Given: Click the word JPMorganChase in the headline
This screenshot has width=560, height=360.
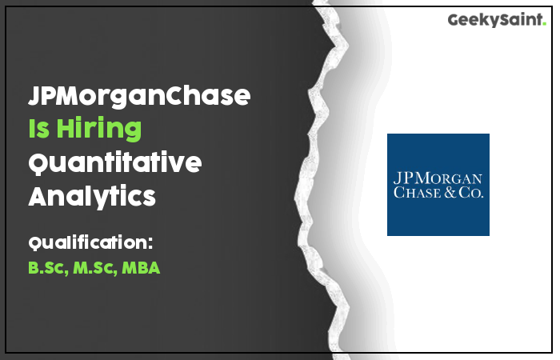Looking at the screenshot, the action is (x=139, y=95).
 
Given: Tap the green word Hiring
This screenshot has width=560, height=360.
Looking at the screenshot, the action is (x=99, y=129).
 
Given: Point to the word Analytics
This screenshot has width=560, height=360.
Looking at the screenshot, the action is (x=92, y=196).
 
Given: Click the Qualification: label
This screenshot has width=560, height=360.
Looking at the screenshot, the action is (x=90, y=242).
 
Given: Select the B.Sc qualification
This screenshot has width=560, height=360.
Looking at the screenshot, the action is (x=48, y=268).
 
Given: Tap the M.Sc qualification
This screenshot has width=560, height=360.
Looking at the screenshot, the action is (x=95, y=268).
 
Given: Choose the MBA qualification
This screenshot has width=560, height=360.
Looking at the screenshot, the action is (x=141, y=268).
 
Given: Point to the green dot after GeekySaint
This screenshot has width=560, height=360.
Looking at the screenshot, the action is (x=544, y=23).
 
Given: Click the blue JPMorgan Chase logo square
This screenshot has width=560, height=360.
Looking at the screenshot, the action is (x=438, y=185).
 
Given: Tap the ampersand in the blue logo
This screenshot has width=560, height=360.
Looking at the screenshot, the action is (x=450, y=192).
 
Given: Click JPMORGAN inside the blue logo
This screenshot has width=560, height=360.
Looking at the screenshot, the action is (x=438, y=178).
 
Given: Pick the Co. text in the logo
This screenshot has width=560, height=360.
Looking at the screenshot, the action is (x=471, y=192).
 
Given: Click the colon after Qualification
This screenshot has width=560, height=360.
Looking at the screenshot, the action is (x=150, y=243).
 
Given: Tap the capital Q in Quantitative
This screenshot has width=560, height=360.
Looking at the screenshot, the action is (x=39, y=163).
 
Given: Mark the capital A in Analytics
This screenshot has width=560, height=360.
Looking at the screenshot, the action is (x=40, y=196).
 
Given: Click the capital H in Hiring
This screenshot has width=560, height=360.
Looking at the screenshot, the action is (x=66, y=128).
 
